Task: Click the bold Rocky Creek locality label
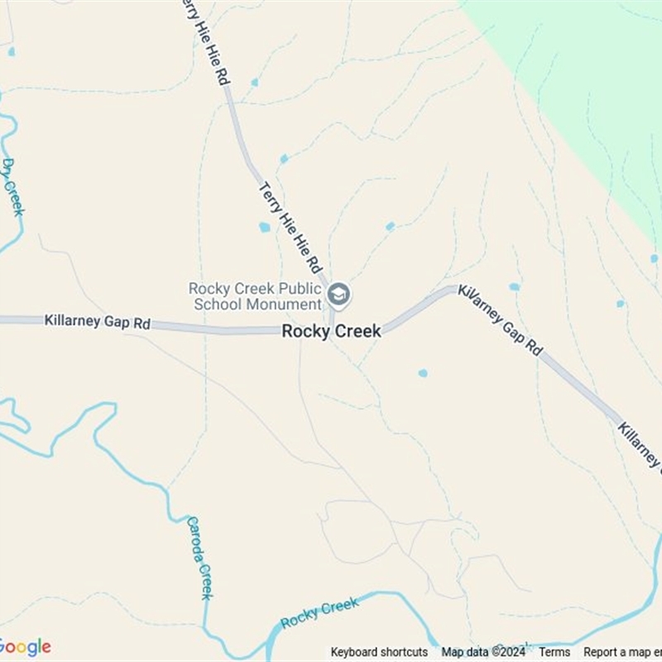(x=331, y=331)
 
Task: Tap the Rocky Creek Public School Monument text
(x=254, y=295)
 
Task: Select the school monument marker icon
(x=338, y=295)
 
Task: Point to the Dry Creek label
(x=12, y=187)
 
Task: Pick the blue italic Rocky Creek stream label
(x=319, y=613)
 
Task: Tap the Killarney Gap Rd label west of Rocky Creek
(x=98, y=321)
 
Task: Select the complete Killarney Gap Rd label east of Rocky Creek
(x=501, y=321)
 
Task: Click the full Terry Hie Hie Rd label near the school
(x=290, y=228)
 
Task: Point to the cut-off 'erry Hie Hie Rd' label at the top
(x=204, y=41)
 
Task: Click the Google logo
(x=25, y=646)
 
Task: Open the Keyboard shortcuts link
(x=379, y=652)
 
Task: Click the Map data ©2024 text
(x=483, y=652)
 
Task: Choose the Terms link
(x=554, y=652)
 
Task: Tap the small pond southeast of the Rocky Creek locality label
(x=423, y=373)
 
